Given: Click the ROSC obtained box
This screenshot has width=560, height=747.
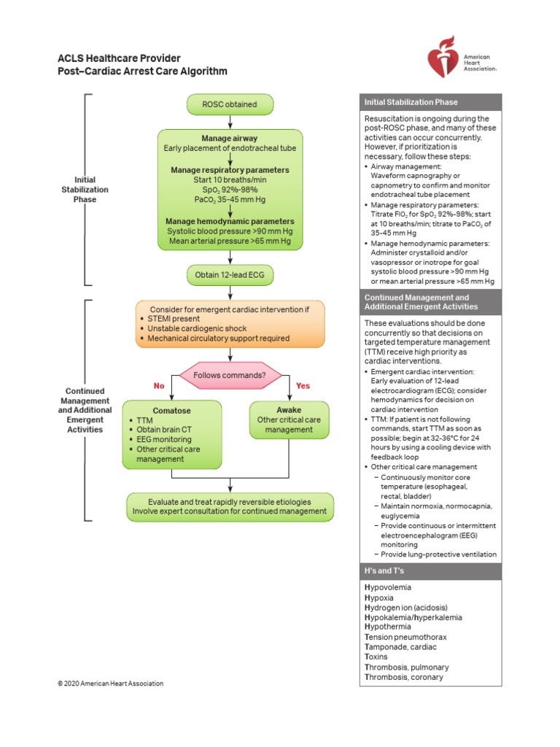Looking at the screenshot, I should (x=230, y=104).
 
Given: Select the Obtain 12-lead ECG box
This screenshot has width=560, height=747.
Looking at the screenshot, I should (x=230, y=274).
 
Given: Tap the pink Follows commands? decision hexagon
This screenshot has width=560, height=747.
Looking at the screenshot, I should (x=230, y=375).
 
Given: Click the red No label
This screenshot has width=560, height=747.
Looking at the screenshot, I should (x=159, y=385).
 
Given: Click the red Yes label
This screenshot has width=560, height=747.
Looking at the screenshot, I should (x=303, y=385).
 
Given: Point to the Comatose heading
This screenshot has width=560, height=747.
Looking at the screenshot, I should (x=171, y=411).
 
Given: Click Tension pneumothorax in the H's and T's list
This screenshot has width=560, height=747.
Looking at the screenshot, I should (x=405, y=637).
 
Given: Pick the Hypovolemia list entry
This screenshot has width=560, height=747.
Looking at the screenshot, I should (x=388, y=587).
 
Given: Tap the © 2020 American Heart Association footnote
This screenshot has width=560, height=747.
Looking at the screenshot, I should (x=111, y=684).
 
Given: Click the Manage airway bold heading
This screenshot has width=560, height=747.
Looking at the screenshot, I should (x=230, y=139).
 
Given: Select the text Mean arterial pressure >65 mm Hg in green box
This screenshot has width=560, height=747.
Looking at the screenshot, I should (x=230, y=240).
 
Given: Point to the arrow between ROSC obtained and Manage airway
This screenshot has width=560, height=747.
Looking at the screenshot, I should (x=230, y=122).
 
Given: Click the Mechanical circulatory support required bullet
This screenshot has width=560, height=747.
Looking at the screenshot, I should (x=218, y=338).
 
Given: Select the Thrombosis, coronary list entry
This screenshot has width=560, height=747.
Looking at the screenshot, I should (x=403, y=677).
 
